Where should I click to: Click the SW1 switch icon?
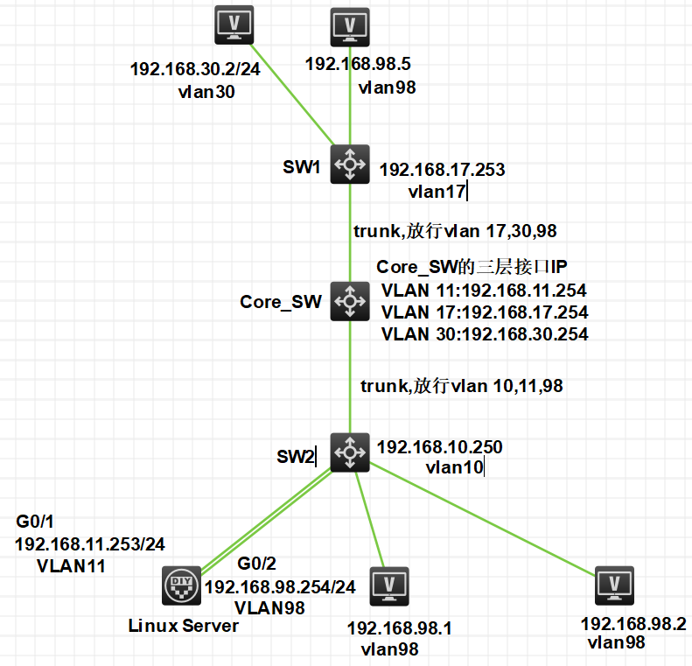coord(350,165)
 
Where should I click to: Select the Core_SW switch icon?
coord(350,301)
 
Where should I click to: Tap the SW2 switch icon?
coord(350,452)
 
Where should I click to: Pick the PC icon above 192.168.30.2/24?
coord(234,25)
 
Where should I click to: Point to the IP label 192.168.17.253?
coord(442,170)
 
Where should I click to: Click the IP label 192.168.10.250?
coord(439,447)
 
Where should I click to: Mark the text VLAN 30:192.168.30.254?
coord(485,333)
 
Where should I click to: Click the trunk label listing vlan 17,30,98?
coord(455,231)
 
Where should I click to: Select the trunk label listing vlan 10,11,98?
coord(463,386)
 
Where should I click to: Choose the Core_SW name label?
coord(280,302)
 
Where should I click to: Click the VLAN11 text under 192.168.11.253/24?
coord(71,565)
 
